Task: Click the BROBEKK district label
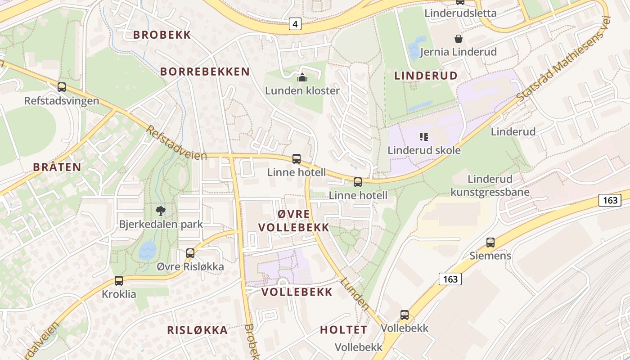point(162,35)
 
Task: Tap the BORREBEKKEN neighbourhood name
point(205,72)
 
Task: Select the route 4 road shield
point(295,24)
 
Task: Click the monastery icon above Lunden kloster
point(302,78)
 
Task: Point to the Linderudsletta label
point(460,13)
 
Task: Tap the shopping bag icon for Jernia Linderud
point(458,39)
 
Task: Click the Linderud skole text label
point(424,150)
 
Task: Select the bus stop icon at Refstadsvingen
point(62,87)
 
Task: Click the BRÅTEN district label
point(57,167)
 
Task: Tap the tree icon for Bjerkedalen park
point(161,211)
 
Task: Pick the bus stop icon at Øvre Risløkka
point(190,253)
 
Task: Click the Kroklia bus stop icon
point(119,281)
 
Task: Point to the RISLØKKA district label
point(197,330)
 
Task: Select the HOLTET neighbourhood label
point(343,330)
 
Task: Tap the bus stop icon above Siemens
point(490,243)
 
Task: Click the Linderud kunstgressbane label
point(490,186)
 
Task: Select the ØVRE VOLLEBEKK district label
point(294,220)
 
